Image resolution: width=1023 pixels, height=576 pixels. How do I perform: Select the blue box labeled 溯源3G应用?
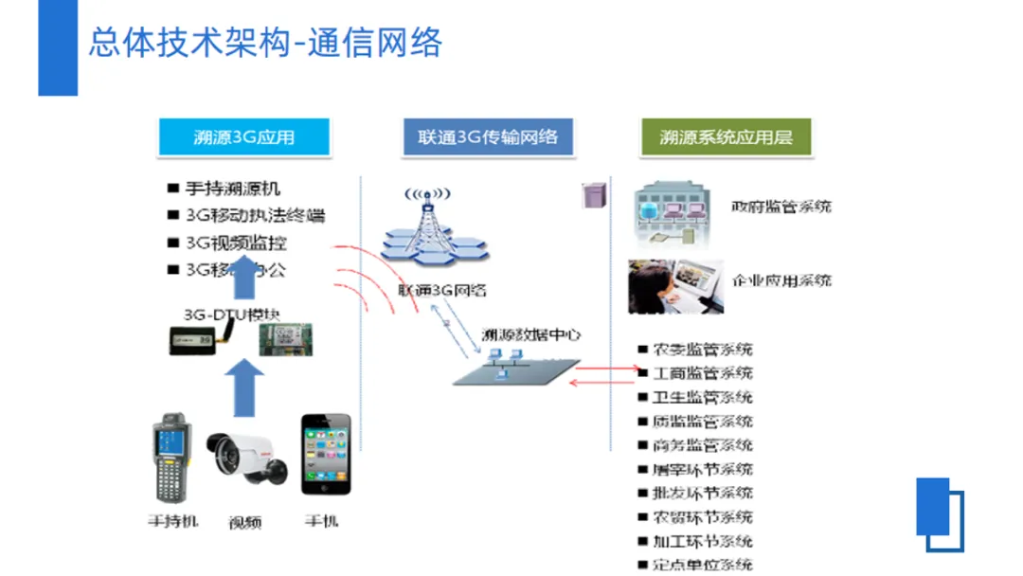pos(244,136)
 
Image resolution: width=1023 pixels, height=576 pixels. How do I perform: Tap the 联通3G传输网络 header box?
pos(487,136)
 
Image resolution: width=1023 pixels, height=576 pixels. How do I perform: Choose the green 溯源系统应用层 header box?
pos(726,136)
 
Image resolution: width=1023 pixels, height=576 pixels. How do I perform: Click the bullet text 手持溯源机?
pos(232,189)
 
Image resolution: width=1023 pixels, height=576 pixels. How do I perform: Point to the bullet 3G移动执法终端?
pos(254,215)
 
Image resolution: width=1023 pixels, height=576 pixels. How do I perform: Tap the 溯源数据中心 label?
pos(530,333)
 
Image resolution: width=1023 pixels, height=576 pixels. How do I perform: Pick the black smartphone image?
pos(326,455)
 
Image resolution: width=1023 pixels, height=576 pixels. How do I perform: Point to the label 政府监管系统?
pos(781,207)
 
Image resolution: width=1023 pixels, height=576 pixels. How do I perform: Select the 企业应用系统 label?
pos(782,280)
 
